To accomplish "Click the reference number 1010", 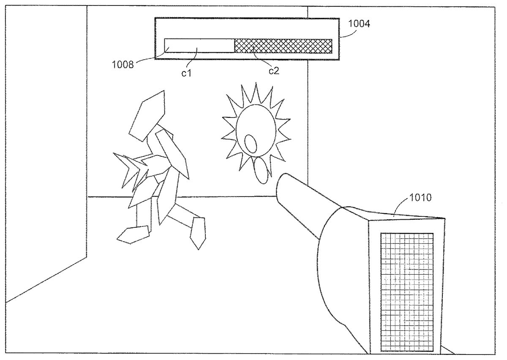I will (x=421, y=197).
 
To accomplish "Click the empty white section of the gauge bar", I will (x=199, y=46).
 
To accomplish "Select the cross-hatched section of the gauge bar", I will (x=283, y=46).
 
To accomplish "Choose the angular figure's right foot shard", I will (x=197, y=232).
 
